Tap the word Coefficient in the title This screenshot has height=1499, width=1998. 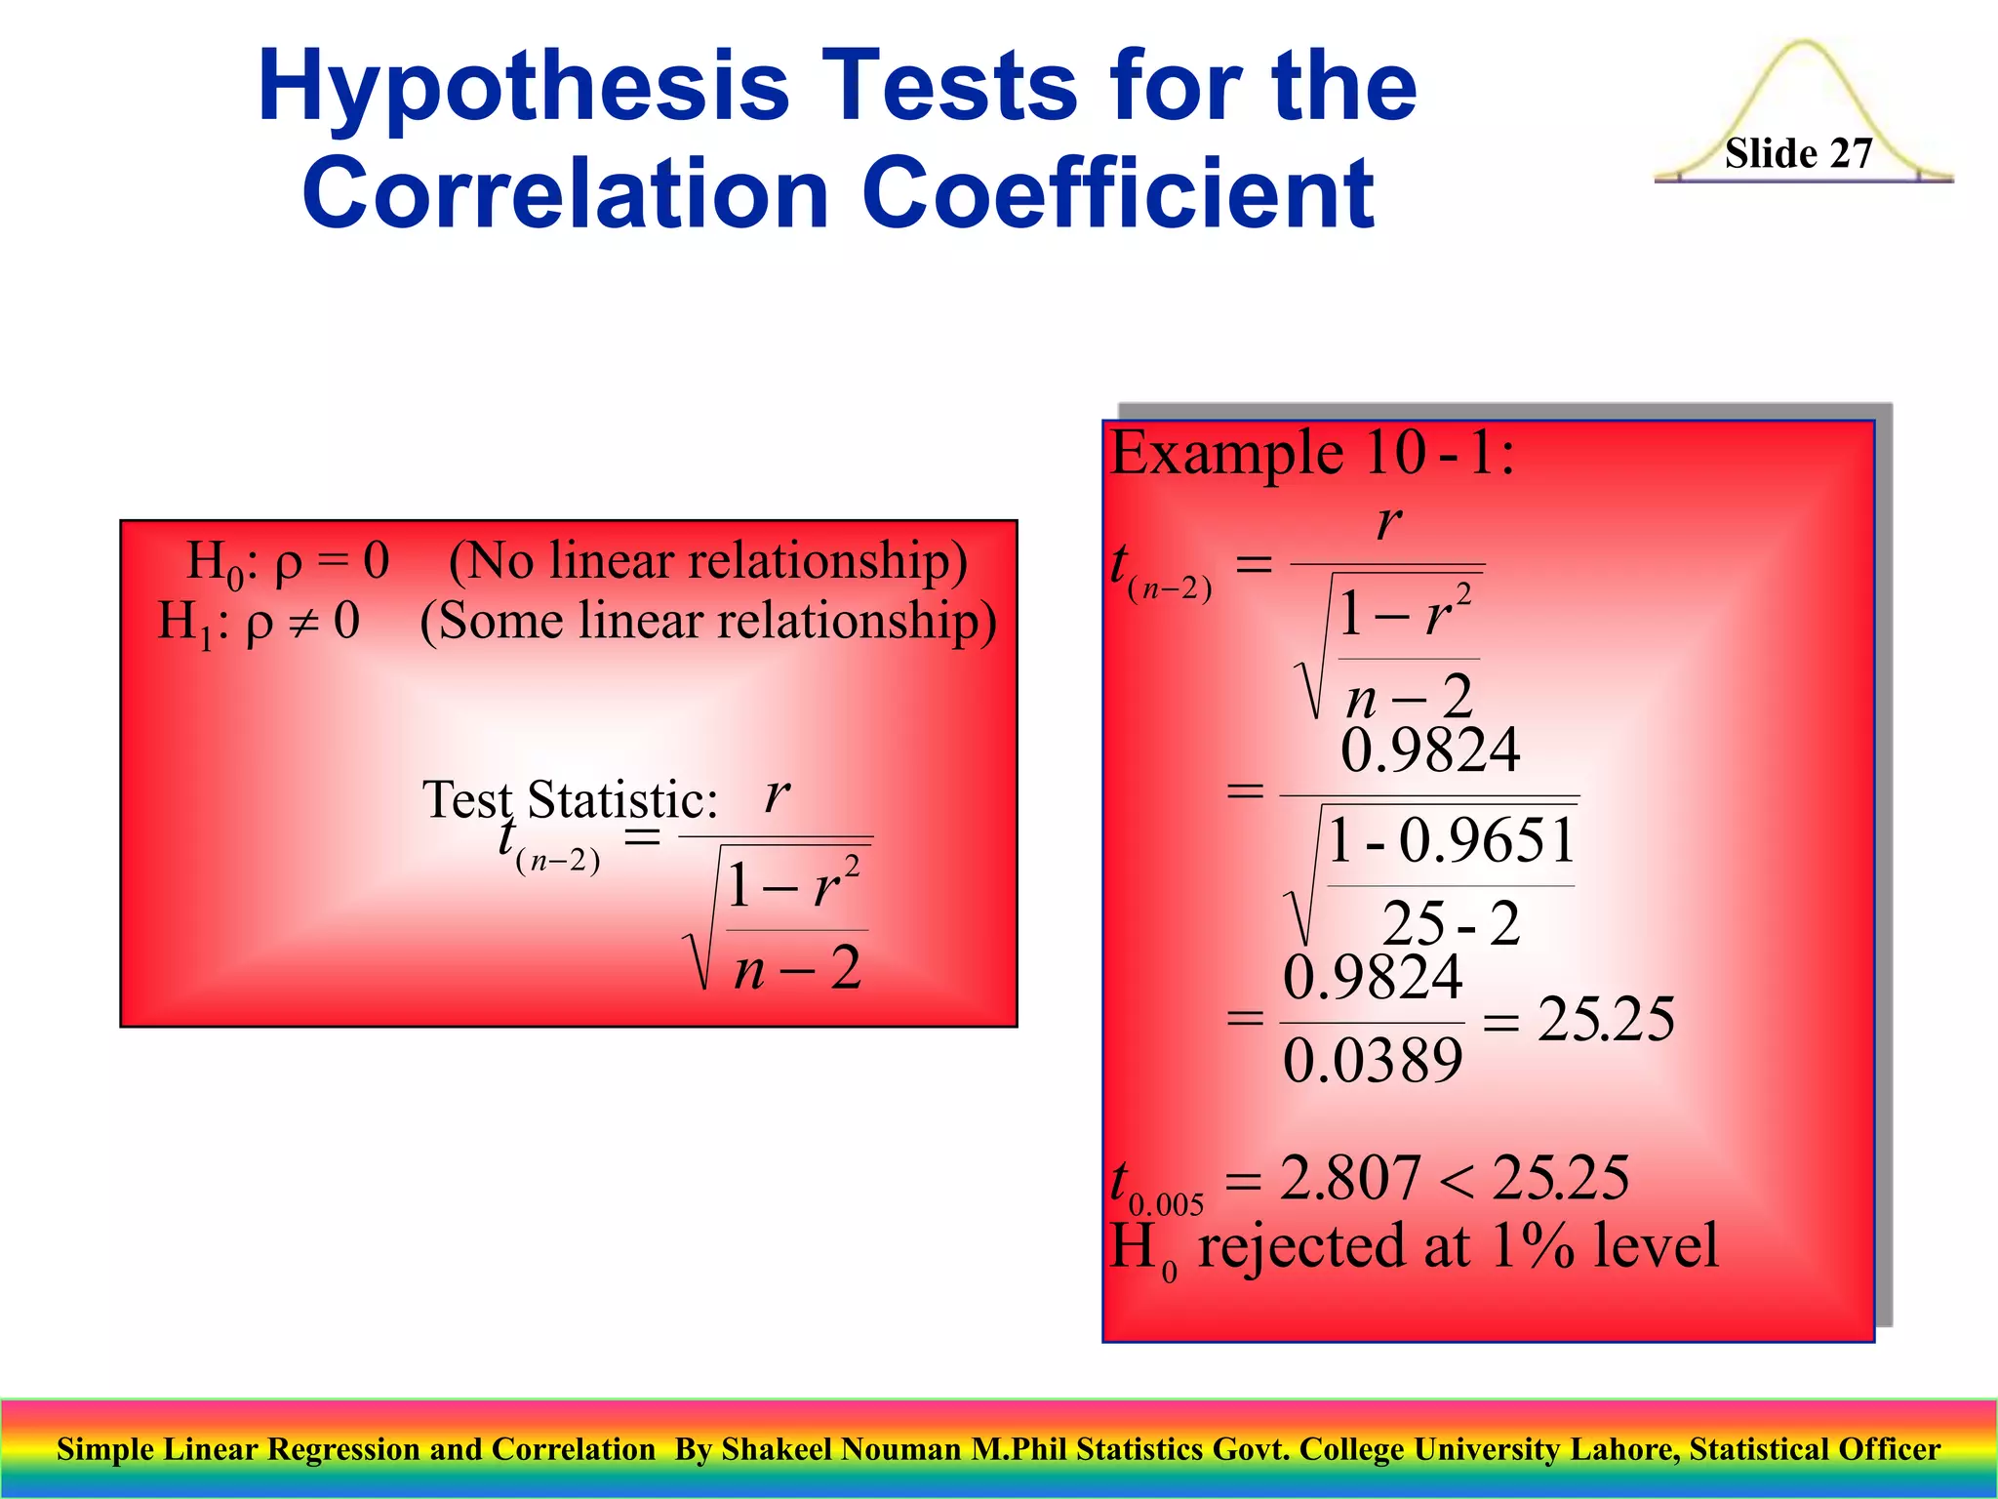(1118, 194)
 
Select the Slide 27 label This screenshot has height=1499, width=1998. (1798, 154)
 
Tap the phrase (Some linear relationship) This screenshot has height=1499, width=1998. (708, 622)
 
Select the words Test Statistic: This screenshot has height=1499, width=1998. (569, 800)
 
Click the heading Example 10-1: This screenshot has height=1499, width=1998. (1312, 454)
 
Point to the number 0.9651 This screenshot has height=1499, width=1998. (1487, 840)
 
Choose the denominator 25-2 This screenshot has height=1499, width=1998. (1451, 923)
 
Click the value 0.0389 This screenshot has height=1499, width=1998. (1372, 1061)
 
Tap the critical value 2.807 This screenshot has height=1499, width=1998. (1349, 1178)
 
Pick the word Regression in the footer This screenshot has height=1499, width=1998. (345, 1449)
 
